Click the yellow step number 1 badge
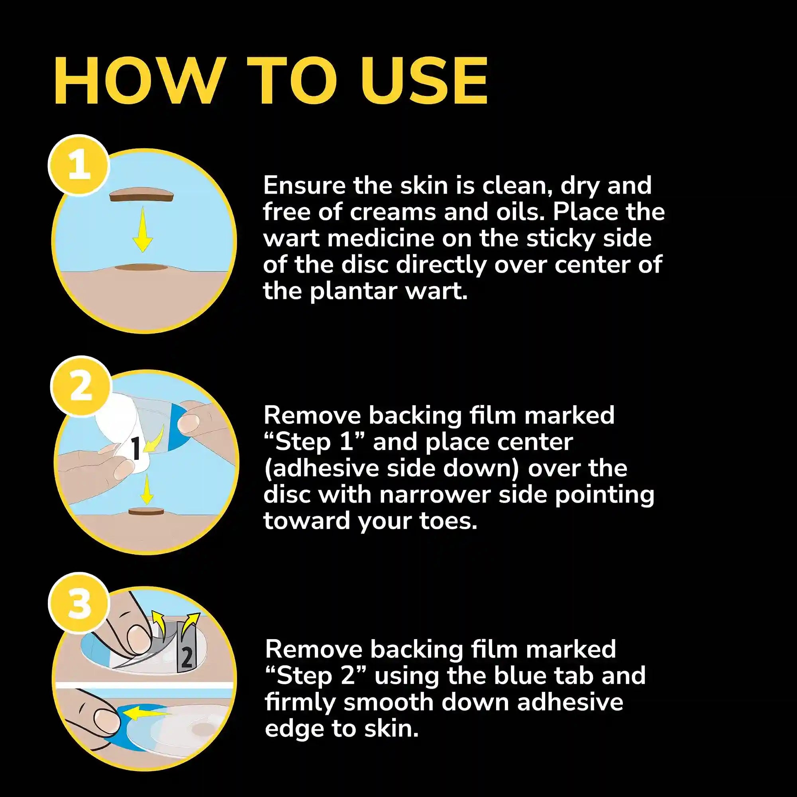coord(79,165)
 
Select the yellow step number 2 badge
coord(81,387)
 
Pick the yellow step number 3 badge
coord(79,603)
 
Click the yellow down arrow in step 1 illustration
coord(143,230)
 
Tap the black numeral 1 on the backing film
coord(137,449)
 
